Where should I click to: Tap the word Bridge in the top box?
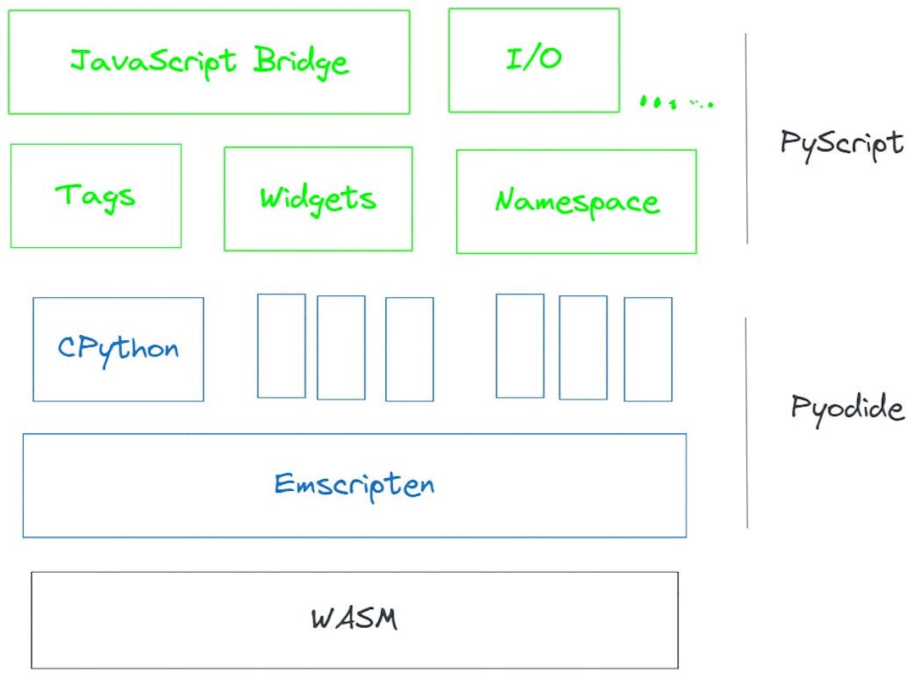pos(300,62)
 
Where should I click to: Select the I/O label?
pos(533,59)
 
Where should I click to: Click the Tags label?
pos(96,196)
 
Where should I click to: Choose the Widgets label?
pos(317,199)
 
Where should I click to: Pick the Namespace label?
pos(576,202)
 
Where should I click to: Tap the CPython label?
pos(118,349)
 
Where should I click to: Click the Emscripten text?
pos(354,485)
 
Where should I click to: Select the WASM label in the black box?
pos(354,619)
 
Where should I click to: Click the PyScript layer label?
pos(841,143)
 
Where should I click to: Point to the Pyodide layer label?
pos(846,408)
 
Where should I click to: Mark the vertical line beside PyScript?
pos(746,140)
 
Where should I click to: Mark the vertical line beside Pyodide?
pos(746,423)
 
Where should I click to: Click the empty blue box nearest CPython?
pos(281,345)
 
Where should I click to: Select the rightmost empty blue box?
pos(647,349)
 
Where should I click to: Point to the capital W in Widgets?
pos(270,197)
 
